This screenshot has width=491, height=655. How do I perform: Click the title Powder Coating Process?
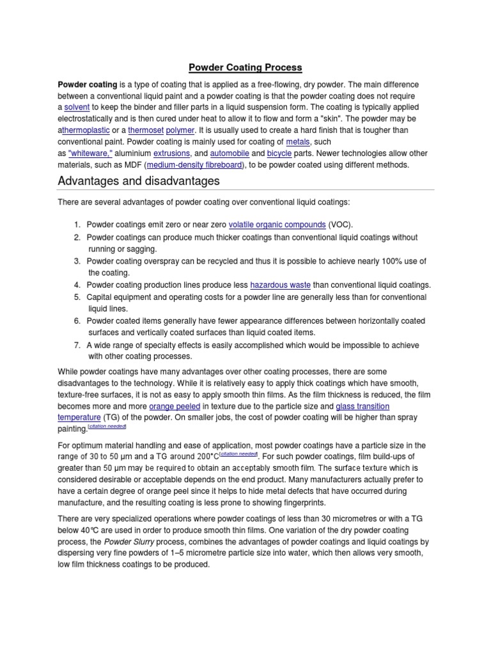point(245,67)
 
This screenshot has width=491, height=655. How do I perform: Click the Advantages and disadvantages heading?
point(138,181)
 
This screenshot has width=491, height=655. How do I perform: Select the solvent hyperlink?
point(77,107)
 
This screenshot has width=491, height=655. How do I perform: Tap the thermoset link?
point(146,130)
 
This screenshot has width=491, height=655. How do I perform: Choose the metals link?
point(297,142)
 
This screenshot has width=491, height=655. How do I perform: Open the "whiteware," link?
point(90,154)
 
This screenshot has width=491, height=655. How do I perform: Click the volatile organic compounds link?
point(277,225)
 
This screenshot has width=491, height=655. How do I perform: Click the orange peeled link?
point(175,406)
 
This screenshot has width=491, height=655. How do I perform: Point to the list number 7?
point(77,345)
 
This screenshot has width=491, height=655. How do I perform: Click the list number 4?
point(77,285)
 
